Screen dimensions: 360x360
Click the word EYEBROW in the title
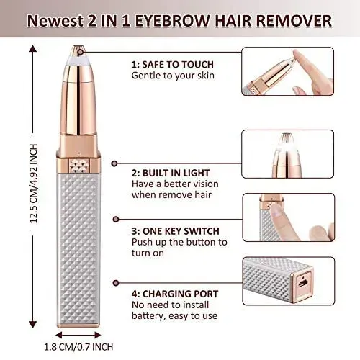173,21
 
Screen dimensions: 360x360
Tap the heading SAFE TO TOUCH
178,65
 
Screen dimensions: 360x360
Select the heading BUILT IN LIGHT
176,173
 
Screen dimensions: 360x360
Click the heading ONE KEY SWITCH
181,231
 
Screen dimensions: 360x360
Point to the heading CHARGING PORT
180,294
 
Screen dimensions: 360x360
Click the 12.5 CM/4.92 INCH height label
34,184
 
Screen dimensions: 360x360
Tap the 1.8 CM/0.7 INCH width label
78,347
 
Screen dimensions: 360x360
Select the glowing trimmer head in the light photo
286,145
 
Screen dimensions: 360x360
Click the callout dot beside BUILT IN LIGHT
114,163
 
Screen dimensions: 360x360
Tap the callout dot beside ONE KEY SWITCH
116,220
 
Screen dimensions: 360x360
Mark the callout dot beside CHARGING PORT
116,283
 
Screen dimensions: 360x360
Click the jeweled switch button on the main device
78,166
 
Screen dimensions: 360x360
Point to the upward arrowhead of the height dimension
33,49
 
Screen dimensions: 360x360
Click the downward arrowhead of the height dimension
33,325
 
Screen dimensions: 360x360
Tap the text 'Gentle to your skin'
173,76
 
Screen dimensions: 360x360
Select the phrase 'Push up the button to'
179,242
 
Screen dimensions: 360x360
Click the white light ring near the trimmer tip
78,60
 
